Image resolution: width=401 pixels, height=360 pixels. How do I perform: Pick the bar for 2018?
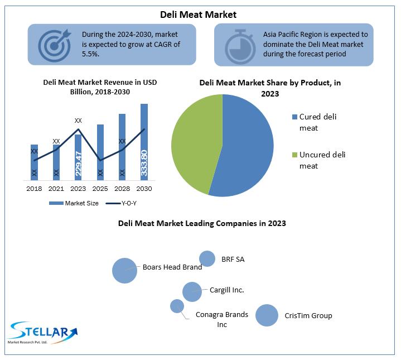(34, 162)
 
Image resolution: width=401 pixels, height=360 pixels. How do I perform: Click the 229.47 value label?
(78, 164)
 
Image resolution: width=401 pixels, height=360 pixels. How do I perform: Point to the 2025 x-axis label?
(100, 189)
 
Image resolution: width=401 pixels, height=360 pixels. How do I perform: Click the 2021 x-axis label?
(56, 189)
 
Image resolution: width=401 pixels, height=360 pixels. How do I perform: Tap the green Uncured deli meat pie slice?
(192, 140)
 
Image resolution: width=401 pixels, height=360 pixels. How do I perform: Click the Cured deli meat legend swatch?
(294, 117)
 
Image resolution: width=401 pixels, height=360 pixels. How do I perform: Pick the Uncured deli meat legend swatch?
(294, 155)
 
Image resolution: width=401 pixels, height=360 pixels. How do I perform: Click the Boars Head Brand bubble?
(124, 270)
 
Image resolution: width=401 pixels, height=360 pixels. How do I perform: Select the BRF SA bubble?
(207, 258)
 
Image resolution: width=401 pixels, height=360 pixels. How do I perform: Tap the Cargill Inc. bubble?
(192, 291)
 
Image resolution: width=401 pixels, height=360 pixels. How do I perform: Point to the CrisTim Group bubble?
(267, 315)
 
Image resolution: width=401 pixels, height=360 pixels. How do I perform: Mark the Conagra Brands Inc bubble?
(177, 306)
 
